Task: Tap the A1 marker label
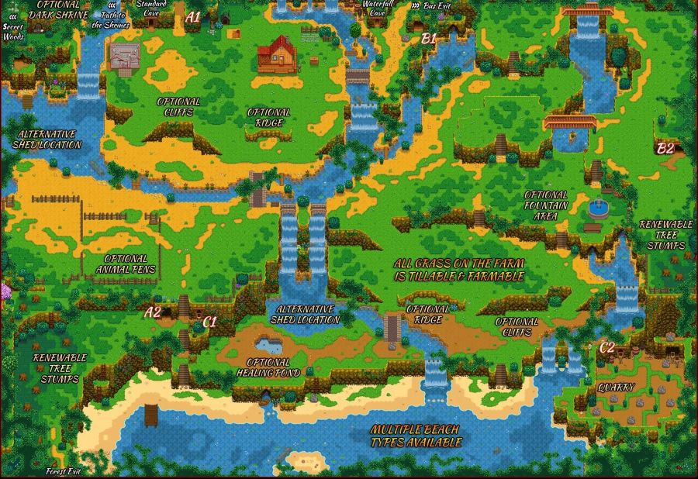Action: point(193,16)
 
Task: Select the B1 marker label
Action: point(429,37)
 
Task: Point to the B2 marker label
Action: point(665,149)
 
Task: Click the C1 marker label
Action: point(210,321)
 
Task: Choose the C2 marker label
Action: point(607,348)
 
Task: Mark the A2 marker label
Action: point(154,312)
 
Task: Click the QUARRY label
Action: point(617,387)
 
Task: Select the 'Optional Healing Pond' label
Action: point(268,367)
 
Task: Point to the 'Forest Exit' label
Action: point(63,471)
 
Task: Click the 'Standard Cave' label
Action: point(151,8)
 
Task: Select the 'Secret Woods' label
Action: point(13,30)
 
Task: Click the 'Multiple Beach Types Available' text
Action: point(415,436)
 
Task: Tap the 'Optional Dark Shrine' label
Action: point(58,9)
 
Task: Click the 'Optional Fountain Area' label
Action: point(546,206)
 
